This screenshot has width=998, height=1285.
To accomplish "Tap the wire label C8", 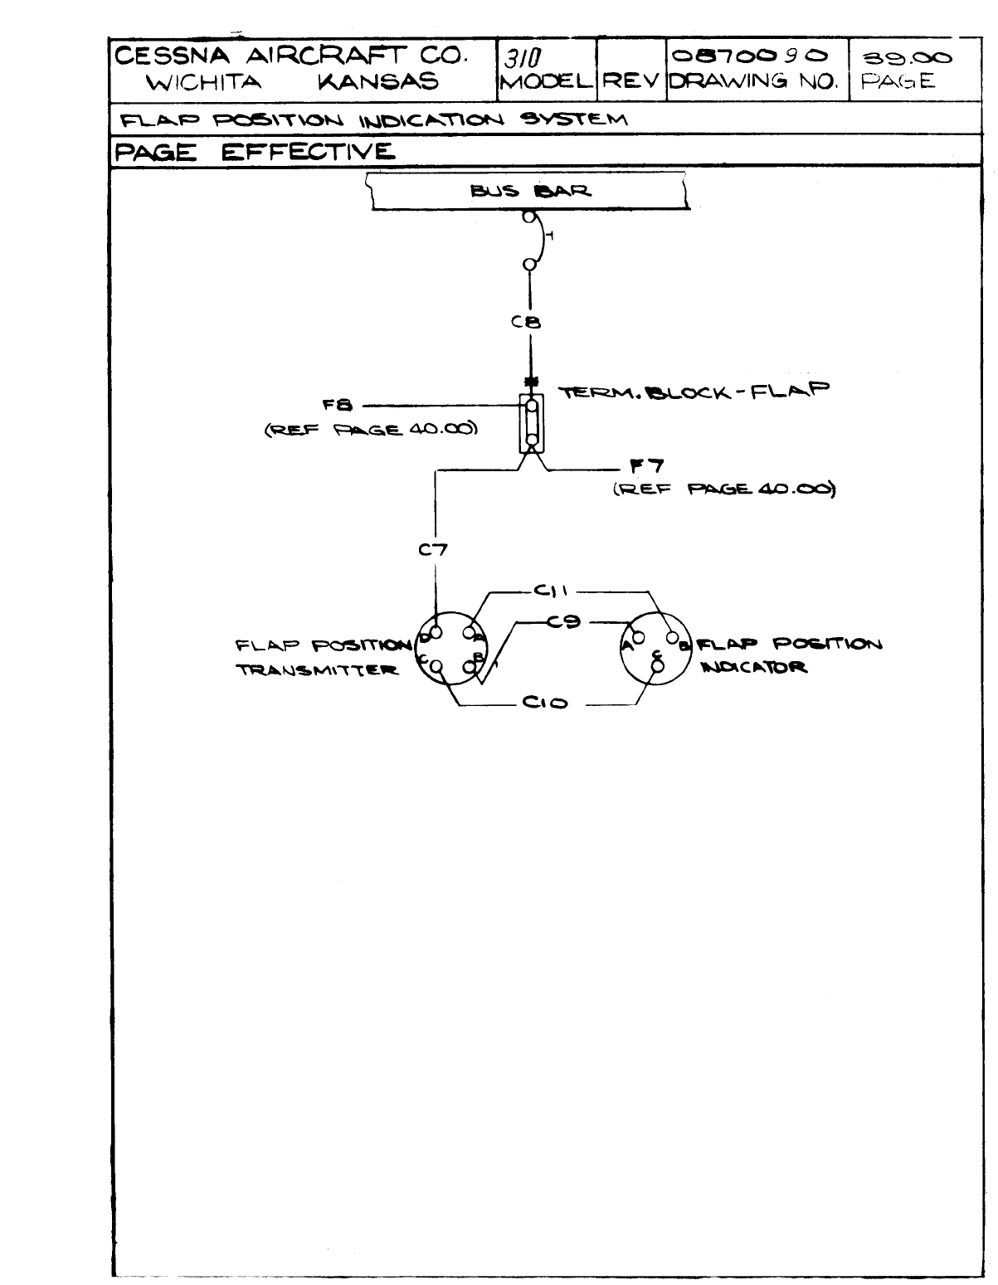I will click(528, 323).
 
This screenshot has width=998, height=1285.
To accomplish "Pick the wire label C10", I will click(545, 703).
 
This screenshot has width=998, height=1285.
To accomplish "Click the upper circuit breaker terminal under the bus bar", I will click(528, 218).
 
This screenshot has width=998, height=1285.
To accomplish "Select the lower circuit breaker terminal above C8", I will click(528, 265).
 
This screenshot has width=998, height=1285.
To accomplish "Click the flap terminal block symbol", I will click(531, 424).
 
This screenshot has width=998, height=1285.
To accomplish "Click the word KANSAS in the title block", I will click(377, 81).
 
